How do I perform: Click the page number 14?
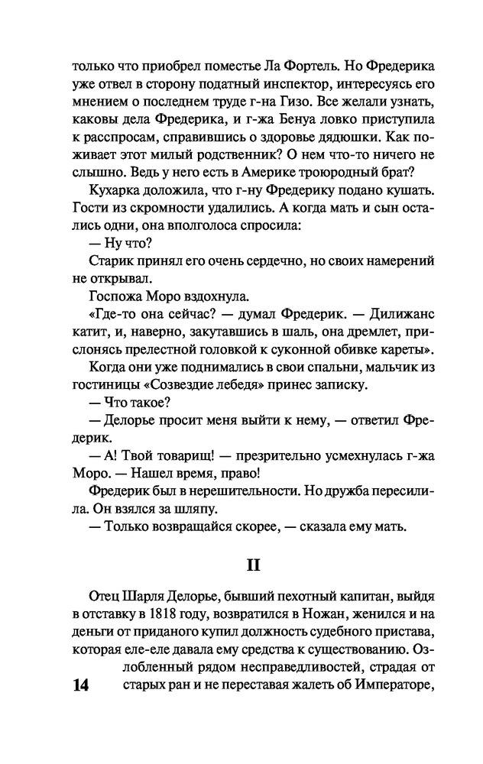pyautogui.click(x=79, y=685)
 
